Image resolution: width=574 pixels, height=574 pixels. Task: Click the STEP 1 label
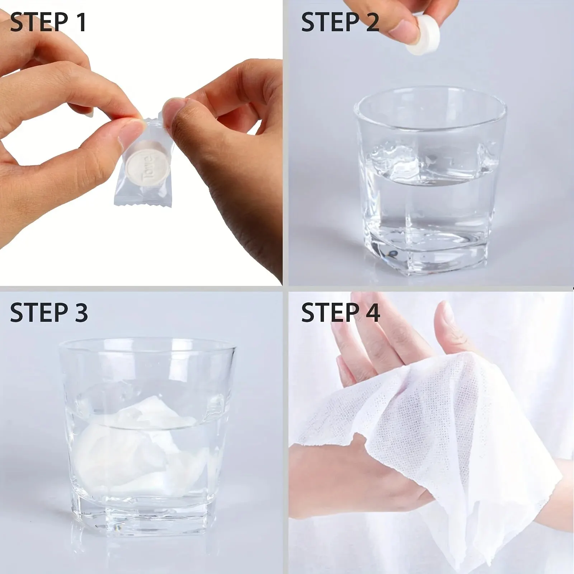(x=48, y=22)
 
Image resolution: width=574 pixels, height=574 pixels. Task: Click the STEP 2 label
(x=340, y=22)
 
